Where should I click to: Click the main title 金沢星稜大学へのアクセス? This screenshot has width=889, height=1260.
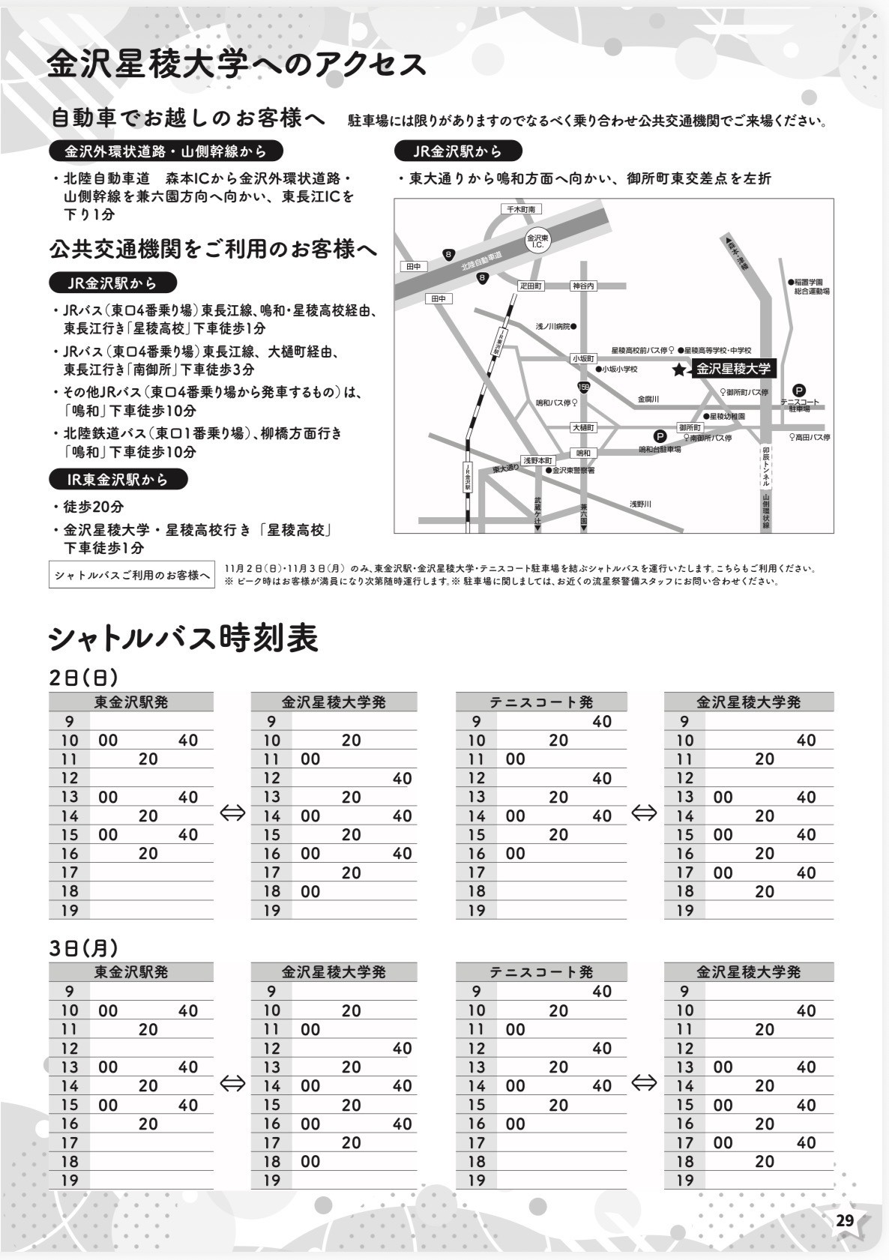click(x=236, y=65)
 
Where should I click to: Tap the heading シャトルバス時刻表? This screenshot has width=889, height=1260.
click(x=184, y=639)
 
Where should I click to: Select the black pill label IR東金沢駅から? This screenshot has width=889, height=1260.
click(x=118, y=479)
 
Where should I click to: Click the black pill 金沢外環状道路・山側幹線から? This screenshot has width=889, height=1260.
click(x=166, y=151)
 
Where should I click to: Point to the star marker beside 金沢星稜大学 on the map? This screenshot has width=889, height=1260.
click(x=679, y=370)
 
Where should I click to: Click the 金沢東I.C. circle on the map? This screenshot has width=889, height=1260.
click(x=537, y=241)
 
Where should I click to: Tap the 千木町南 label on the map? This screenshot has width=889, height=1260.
click(x=521, y=210)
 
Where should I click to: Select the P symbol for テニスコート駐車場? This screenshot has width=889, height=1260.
click(x=799, y=390)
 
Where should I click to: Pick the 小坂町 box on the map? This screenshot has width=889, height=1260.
click(x=583, y=359)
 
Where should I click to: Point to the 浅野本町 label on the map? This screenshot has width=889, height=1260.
click(x=537, y=460)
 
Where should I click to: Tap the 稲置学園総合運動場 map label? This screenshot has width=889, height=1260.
click(x=810, y=286)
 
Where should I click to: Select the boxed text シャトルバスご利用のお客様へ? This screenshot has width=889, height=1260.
click(x=131, y=575)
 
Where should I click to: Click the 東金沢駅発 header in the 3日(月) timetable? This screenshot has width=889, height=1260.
click(x=131, y=972)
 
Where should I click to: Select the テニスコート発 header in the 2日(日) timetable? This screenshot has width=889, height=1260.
click(x=541, y=702)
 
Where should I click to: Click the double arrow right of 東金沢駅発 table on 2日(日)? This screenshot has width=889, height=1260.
click(x=232, y=813)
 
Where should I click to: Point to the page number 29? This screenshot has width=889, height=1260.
click(x=845, y=1220)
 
